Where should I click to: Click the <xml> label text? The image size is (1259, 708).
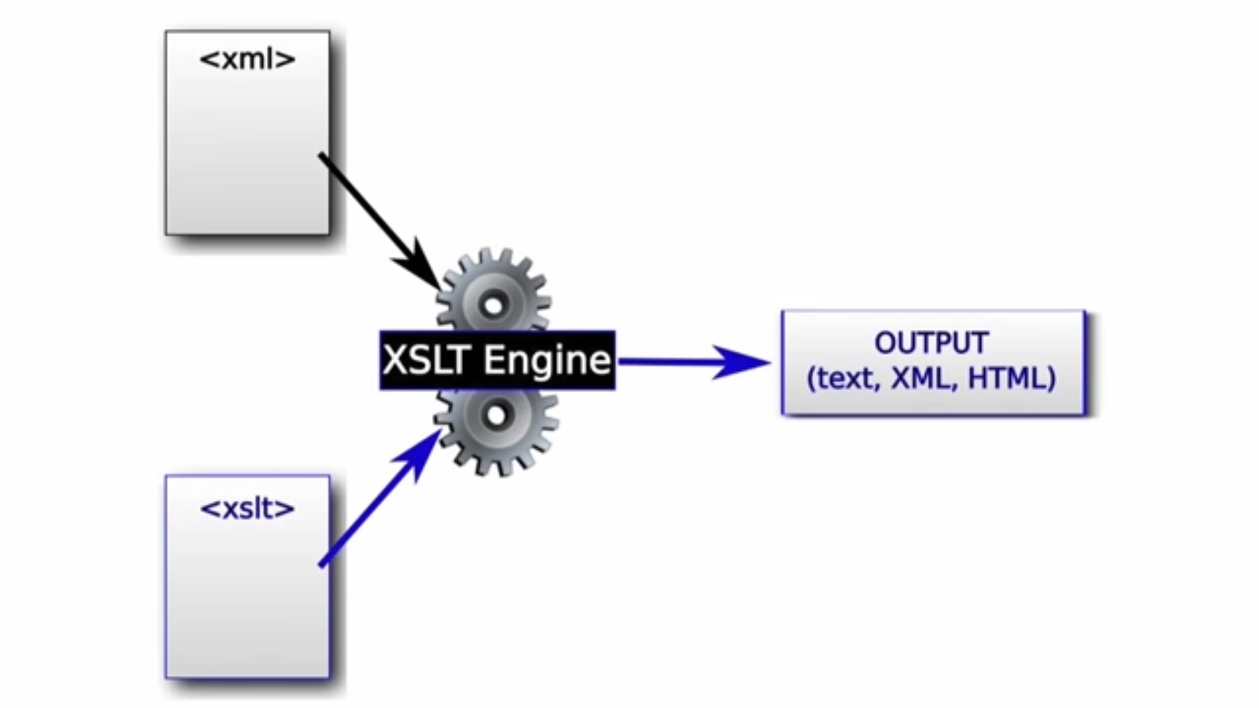[247, 60]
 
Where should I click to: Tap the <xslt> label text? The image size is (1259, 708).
[247, 509]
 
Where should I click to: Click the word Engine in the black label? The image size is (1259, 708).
[547, 360]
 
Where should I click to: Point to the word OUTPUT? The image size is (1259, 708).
[931, 343]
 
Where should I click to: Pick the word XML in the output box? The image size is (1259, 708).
[919, 379]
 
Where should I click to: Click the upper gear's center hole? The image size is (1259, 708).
[493, 305]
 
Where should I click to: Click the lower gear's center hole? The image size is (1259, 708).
[496, 415]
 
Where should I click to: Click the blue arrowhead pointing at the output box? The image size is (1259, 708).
[741, 361]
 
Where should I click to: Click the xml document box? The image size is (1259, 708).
[247, 144]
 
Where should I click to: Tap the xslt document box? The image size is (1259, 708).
[247, 590]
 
